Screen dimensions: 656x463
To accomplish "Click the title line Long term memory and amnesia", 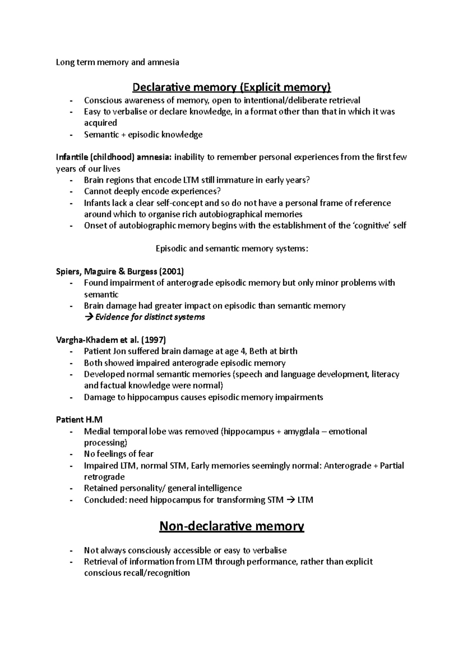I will [x=117, y=62].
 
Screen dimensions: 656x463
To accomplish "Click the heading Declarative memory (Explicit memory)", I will [x=231, y=87].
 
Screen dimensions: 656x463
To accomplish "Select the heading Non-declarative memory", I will [x=231, y=526].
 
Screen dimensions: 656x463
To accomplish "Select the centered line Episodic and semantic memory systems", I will [x=232, y=248].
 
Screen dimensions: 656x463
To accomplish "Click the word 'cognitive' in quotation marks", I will [x=372, y=226].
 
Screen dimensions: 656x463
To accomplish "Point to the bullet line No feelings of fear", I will [x=118, y=454].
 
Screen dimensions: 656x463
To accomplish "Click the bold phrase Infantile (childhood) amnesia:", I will [x=114, y=157].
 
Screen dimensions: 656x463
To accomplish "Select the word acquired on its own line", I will [x=100, y=123].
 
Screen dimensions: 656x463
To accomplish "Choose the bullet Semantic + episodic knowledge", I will [x=143, y=134].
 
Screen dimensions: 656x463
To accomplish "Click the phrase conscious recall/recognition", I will [x=137, y=573].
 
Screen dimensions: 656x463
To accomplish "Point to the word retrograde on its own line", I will [x=104, y=477].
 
